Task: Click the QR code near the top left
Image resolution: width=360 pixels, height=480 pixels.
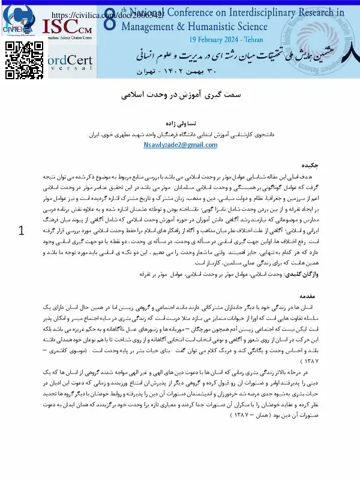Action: (19, 55)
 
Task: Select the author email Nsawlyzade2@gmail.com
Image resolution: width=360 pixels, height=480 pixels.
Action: (179, 145)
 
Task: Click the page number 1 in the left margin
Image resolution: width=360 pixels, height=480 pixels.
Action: (23, 232)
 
